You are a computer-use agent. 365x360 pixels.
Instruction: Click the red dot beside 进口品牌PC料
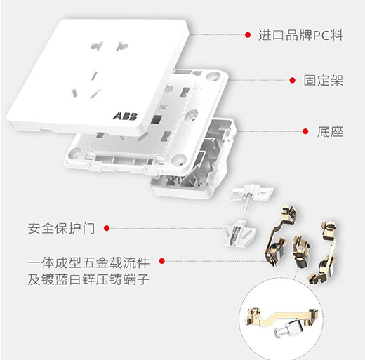pyautogui.click(x=248, y=34)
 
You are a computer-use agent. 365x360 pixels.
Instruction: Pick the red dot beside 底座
pyautogui.click(x=305, y=131)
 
